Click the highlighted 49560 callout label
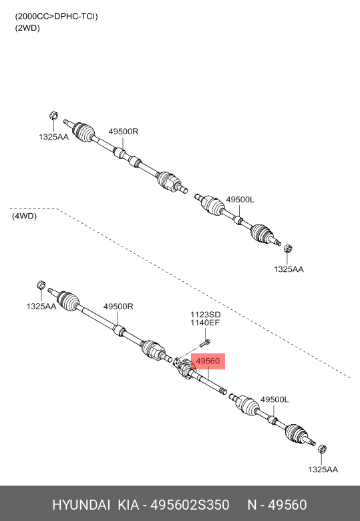pos(208,361)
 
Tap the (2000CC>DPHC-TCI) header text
pos(56,16)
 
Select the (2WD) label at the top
pos(27,28)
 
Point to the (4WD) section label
pos(24,216)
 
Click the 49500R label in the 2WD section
pos(123,131)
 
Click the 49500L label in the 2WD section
pos(240,199)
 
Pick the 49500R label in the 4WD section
pos(118,307)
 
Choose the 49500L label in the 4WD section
pos(275,399)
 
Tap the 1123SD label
pos(205,315)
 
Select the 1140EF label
pos(205,323)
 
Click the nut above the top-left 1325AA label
pos(53,116)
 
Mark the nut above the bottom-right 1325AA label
pos(322,449)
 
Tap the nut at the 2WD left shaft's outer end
pos(288,248)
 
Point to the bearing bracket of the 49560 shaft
pos(182,367)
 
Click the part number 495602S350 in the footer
pos(190,505)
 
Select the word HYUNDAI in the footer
pos(81,505)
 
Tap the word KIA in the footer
pos(128,505)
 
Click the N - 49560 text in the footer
pos(277,505)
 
